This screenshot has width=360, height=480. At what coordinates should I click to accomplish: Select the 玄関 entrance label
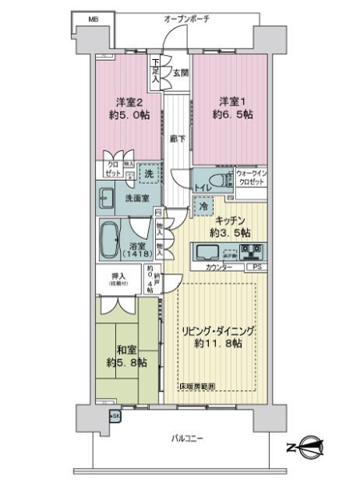pyautogui.click(x=180, y=73)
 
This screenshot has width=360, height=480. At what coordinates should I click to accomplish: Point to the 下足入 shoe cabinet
pyautogui.click(x=155, y=73)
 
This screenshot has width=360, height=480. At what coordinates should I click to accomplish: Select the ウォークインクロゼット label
pyautogui.click(x=253, y=177)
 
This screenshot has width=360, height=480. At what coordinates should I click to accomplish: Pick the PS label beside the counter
pyautogui.click(x=258, y=266)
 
